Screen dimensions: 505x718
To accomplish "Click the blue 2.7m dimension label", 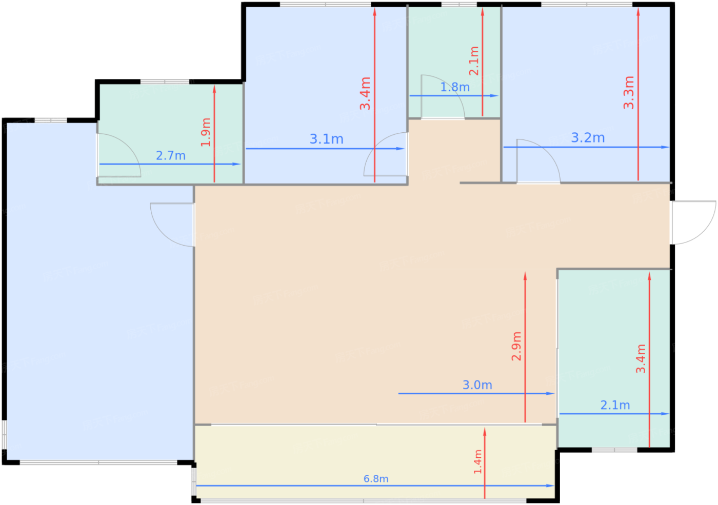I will [171, 155].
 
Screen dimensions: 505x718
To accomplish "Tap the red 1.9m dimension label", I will [206, 132].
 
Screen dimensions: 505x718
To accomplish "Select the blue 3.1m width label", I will [326, 139].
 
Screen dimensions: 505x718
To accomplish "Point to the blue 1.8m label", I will [455, 87].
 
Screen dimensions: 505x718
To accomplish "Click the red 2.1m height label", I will [474, 61].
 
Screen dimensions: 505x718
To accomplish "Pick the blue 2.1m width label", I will [615, 405].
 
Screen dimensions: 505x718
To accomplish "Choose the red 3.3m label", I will [629, 92].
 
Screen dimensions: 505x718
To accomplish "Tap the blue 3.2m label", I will [588, 137].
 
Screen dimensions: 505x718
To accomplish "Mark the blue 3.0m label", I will [477, 385].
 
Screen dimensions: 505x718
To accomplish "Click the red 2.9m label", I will [516, 346].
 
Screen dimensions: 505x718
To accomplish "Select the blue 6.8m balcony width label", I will [376, 479].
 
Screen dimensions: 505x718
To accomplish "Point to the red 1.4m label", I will [477, 461].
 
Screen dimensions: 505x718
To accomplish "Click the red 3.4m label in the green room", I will [641, 358].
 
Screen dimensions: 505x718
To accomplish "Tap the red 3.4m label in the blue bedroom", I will [365, 93].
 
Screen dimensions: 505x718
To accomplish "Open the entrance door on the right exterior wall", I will [692, 223].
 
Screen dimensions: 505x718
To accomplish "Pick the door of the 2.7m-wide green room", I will [118, 156].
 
